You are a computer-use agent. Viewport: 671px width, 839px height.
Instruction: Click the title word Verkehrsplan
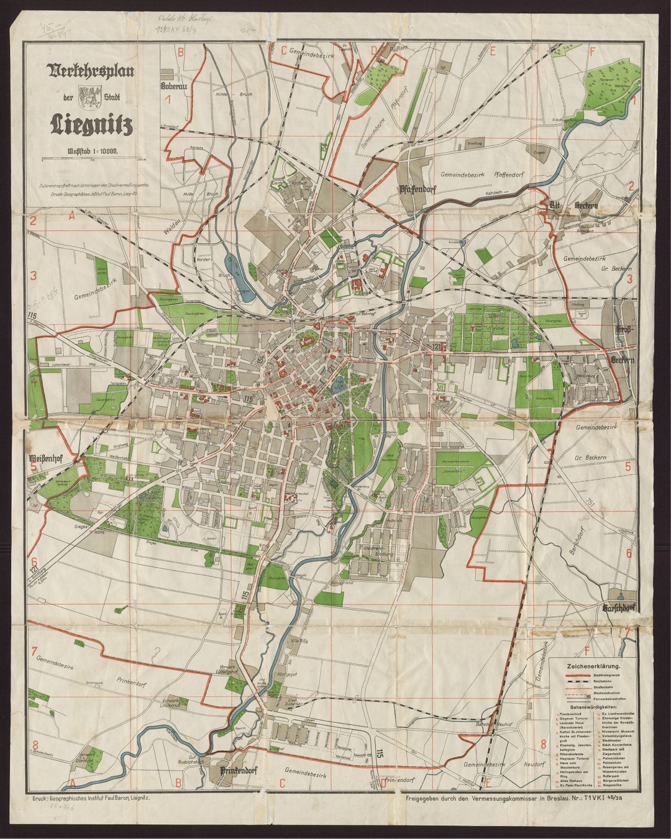point(91,70)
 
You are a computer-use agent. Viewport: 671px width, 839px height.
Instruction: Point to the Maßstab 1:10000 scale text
point(91,150)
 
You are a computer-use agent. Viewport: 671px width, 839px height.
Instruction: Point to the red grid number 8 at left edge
point(35,745)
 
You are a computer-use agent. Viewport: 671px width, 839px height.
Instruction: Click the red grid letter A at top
point(72,216)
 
